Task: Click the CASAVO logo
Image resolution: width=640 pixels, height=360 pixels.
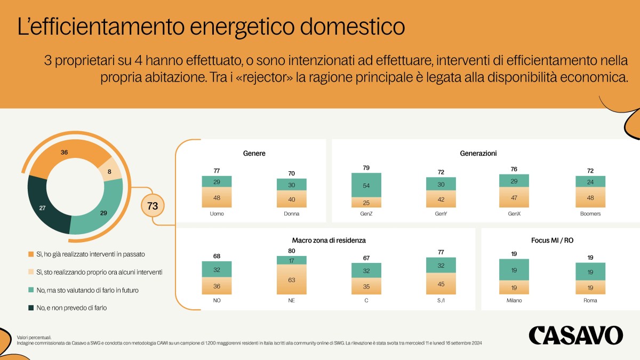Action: (575, 335)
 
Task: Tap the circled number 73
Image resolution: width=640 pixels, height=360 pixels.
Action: (153, 206)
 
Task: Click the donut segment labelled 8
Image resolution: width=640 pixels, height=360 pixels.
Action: (110, 171)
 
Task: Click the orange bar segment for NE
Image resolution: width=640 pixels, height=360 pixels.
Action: (291, 278)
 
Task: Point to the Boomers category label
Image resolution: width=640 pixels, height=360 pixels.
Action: (590, 214)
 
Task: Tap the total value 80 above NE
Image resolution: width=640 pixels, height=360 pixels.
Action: (291, 250)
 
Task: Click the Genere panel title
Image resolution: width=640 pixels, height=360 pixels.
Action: (254, 154)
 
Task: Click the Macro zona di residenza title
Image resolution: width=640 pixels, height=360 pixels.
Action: (329, 241)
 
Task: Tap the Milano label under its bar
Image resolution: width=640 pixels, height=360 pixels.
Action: (514, 301)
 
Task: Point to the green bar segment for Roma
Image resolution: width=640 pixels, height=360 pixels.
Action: (590, 271)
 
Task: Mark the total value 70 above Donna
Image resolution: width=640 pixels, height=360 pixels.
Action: (291, 173)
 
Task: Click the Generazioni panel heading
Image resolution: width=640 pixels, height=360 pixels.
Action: (478, 154)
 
